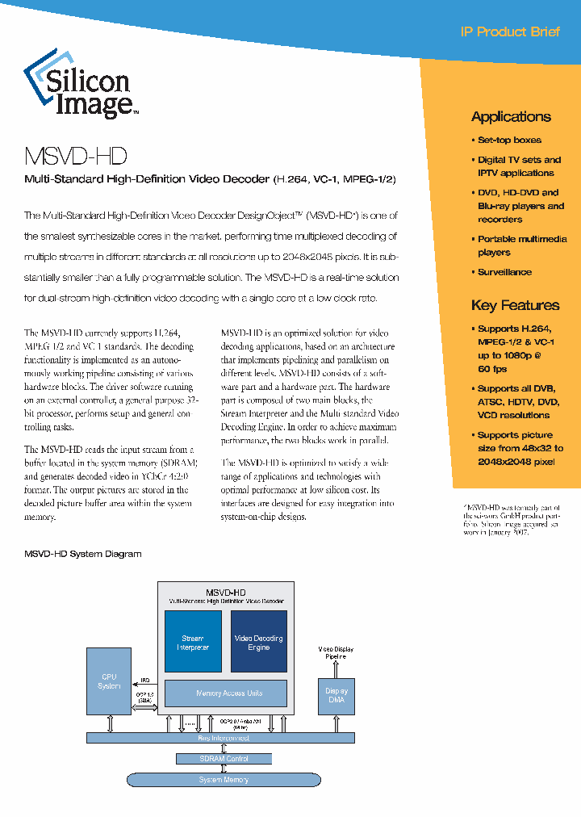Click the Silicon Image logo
click(80, 86)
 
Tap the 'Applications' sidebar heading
click(511, 116)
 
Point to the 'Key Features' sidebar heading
click(515, 305)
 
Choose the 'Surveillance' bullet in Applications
click(504, 272)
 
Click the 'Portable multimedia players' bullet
click(520, 245)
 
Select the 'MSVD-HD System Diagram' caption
click(82, 554)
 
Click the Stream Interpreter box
click(193, 642)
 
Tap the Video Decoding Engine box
click(258, 642)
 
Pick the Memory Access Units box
click(225, 693)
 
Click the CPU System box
click(110, 681)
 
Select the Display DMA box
click(336, 695)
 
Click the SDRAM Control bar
click(224, 759)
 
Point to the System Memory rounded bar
click(224, 779)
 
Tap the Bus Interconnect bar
click(224, 738)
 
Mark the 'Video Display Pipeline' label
click(336, 652)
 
